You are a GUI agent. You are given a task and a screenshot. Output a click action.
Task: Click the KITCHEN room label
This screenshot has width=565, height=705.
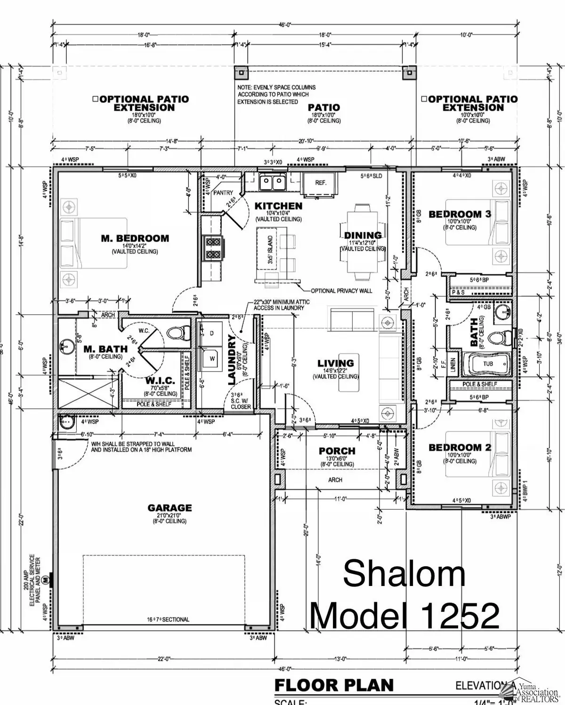pyautogui.click(x=278, y=206)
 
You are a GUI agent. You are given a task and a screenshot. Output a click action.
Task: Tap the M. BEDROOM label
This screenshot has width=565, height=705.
pyautogui.click(x=135, y=238)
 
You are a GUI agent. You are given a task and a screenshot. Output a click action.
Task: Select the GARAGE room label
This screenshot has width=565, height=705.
pyautogui.click(x=169, y=508)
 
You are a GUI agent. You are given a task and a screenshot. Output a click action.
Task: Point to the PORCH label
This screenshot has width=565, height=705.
pyautogui.click(x=337, y=451)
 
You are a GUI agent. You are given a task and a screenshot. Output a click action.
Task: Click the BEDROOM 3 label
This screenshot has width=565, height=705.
pyautogui.click(x=460, y=214)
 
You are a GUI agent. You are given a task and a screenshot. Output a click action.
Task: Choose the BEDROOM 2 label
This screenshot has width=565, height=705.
pyautogui.click(x=460, y=448)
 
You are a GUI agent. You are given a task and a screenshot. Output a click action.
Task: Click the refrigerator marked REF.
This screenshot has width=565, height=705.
pyautogui.click(x=320, y=183)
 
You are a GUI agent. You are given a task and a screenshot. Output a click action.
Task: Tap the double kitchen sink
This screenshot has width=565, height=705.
pyautogui.click(x=273, y=182)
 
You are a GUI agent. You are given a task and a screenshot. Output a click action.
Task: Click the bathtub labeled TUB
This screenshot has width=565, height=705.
pyautogui.click(x=488, y=364)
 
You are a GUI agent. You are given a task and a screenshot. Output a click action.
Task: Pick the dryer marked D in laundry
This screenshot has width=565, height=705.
pyautogui.click(x=211, y=333)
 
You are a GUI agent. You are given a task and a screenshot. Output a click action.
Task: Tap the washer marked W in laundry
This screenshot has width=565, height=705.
pyautogui.click(x=211, y=358)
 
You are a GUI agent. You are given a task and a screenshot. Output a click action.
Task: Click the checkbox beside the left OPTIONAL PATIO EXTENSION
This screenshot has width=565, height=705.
pyautogui.click(x=95, y=99)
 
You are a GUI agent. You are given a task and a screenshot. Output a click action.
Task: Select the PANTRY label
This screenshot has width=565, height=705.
pyautogui.click(x=223, y=193)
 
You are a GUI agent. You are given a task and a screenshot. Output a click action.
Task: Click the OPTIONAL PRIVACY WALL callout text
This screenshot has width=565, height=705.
pyautogui.click(x=342, y=291)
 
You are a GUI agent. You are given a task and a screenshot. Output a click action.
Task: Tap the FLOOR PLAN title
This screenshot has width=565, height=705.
pyautogui.click(x=334, y=685)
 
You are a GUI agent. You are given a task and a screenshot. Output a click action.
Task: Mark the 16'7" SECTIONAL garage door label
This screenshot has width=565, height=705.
pyautogui.click(x=168, y=619)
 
